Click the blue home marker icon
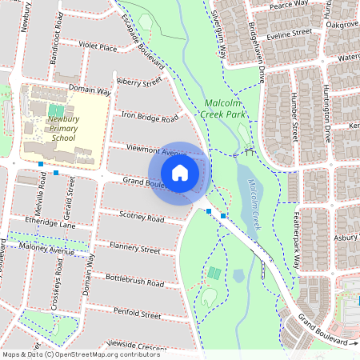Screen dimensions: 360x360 [180, 172]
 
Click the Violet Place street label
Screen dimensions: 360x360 [98, 47]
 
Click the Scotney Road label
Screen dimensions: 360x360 [141, 217]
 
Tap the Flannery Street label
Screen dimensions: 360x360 [135, 249]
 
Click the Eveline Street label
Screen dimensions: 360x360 [290, 33]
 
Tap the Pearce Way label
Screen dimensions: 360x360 [289, 4]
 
